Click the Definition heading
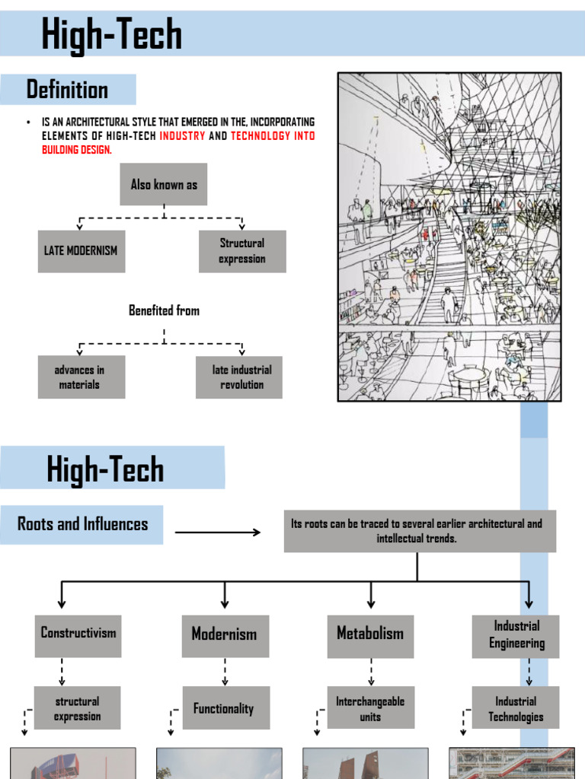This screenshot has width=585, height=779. [68, 90]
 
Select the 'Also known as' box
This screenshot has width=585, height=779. [164, 184]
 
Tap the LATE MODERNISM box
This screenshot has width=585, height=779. [82, 251]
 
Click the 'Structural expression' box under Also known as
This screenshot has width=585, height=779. [242, 251]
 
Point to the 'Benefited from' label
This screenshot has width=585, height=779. [164, 310]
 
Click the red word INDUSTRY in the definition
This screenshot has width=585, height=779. [182, 136]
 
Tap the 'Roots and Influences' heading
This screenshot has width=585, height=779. [82, 524]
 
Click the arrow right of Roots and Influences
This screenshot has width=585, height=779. [218, 532]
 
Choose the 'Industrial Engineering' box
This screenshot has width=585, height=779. [516, 636]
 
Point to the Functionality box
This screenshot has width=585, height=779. [226, 709]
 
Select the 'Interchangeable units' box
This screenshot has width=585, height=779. [371, 709]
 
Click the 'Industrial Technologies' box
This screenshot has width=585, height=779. [516, 709]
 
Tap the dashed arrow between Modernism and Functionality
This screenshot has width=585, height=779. [225, 672]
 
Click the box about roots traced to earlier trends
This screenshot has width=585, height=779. [420, 531]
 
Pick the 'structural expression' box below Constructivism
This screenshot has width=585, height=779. [78, 709]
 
